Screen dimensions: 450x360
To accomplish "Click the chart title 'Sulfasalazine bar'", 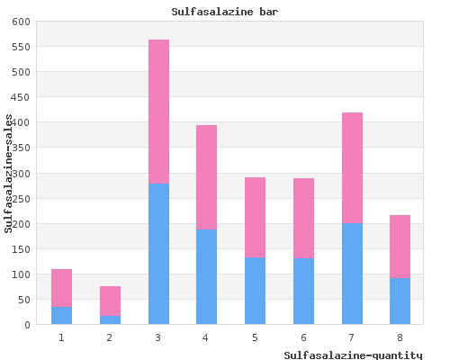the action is click(225, 12).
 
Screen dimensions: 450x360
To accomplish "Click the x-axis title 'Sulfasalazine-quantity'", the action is click(353, 355).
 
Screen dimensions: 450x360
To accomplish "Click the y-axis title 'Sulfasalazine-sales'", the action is click(8, 174).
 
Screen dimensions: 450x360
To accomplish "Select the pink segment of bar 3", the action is click(158, 112).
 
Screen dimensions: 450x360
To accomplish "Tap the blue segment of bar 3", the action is click(158, 254).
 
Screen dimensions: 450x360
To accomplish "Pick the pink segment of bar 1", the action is click(61, 288).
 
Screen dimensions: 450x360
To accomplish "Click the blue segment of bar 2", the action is click(110, 320).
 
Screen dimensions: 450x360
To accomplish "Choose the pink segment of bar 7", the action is click(352, 168).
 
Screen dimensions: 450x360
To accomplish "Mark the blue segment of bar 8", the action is click(400, 301).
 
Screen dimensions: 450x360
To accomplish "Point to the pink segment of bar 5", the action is click(255, 217).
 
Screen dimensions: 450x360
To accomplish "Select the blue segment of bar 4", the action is click(206, 277).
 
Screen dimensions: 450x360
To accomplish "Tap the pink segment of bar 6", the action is click(303, 218).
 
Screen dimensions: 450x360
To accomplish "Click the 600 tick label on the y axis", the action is click(21, 22).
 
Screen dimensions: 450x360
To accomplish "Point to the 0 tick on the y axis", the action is click(27, 325).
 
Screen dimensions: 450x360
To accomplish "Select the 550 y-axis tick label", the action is click(21, 47).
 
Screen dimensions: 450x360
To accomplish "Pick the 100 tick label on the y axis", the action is click(21, 274).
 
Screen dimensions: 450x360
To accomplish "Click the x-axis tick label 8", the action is click(400, 337).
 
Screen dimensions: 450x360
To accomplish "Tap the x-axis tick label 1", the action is click(61, 337).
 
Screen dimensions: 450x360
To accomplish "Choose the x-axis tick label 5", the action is click(255, 337).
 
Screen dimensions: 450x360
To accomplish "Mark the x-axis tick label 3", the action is click(158, 337).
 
